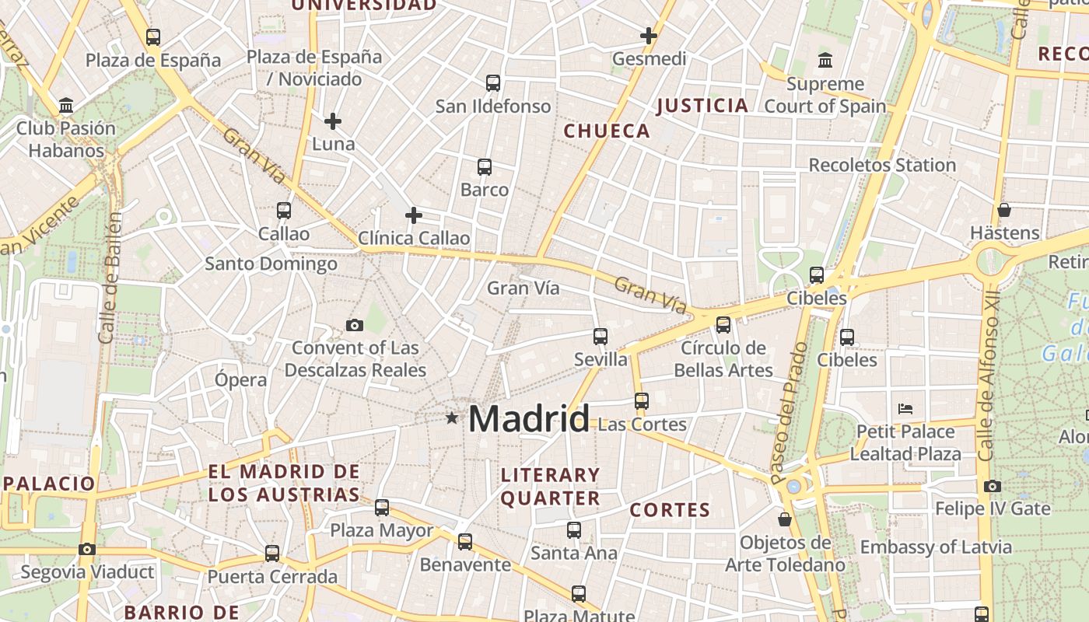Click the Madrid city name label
click(x=529, y=419)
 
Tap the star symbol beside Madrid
click(x=452, y=418)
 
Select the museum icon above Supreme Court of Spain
click(x=825, y=60)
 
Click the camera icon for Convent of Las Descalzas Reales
click(x=355, y=325)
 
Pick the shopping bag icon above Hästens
click(x=1004, y=210)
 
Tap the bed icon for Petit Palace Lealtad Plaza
click(x=905, y=408)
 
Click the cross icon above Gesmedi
click(x=649, y=36)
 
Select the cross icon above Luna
click(x=333, y=121)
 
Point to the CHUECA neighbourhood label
click(x=607, y=131)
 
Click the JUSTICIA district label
click(x=702, y=106)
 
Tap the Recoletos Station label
click(x=882, y=165)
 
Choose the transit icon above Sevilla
click(x=601, y=337)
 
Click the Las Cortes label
click(x=643, y=425)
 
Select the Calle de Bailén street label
click(x=110, y=278)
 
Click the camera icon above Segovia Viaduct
click(x=87, y=550)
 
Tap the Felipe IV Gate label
click(x=993, y=509)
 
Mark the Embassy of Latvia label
click(x=936, y=547)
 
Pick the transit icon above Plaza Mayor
click(x=382, y=508)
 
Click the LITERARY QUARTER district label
click(x=551, y=487)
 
